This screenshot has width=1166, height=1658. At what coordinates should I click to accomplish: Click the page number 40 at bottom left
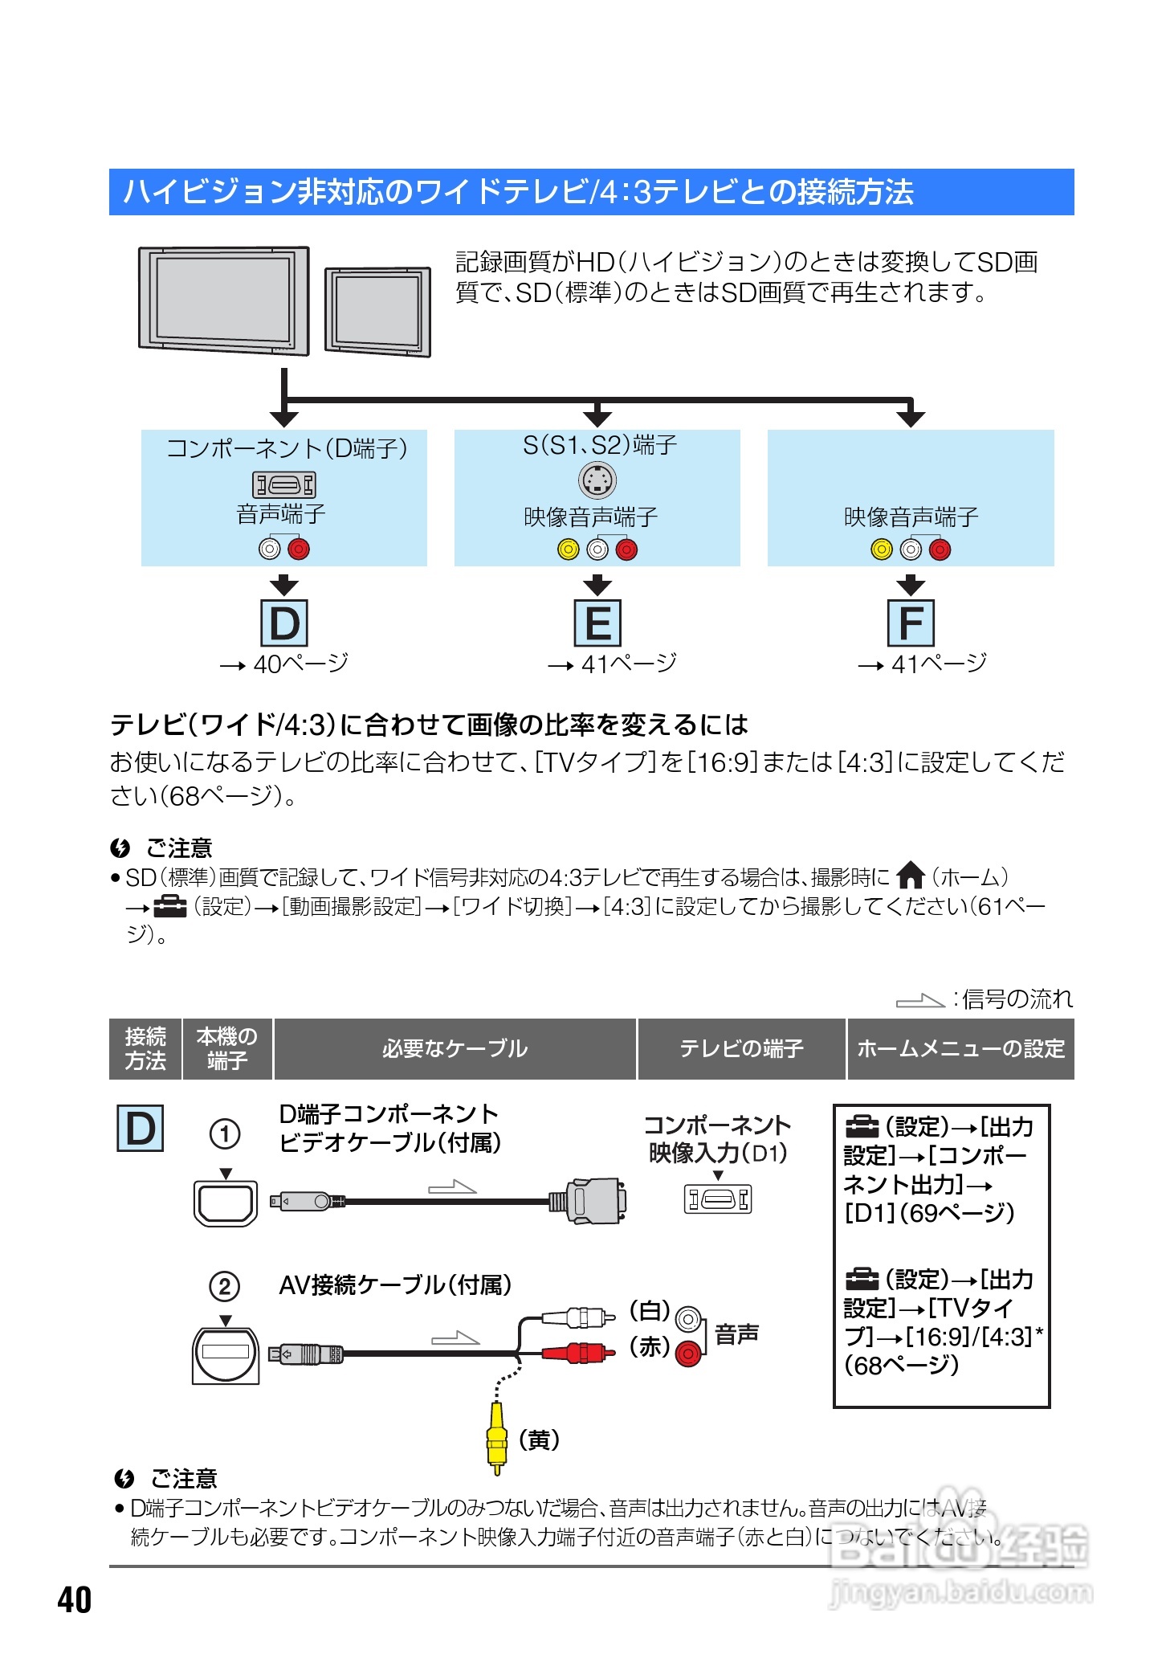[75, 1599]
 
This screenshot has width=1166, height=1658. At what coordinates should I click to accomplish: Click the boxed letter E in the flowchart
[597, 623]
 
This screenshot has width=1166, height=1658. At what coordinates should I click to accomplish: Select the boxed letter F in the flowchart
[911, 623]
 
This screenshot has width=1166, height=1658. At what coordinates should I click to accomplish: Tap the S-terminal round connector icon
[597, 481]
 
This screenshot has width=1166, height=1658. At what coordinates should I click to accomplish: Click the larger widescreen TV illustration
[224, 300]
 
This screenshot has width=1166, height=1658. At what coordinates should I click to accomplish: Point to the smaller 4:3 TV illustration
[377, 312]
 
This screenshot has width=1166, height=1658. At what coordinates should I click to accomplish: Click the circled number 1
[225, 1134]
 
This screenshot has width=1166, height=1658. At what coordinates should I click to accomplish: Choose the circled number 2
[225, 1286]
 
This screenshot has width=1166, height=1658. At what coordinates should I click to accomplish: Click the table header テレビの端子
[741, 1048]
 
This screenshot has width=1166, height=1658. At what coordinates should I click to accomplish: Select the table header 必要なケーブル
[455, 1048]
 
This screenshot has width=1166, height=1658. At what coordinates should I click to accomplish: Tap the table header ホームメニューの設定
[960, 1048]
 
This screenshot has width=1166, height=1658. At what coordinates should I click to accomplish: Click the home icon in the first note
[911, 875]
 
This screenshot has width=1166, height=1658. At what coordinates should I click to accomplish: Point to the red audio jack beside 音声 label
[687, 1354]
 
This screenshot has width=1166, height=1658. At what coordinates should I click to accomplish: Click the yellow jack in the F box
[881, 549]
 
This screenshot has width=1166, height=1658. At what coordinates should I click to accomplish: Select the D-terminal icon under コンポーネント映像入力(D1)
[718, 1199]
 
